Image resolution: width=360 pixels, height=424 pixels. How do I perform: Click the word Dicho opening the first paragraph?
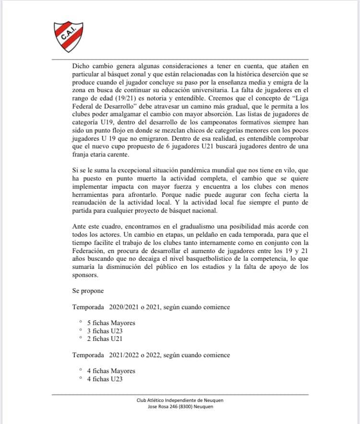pos(81,64)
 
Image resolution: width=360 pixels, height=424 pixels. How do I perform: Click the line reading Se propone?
pos(88,291)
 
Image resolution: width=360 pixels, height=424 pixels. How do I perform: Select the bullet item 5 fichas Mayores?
pos(111,323)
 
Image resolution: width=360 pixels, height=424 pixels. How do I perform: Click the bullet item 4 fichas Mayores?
pos(111,371)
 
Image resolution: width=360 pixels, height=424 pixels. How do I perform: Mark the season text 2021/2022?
pos(127,355)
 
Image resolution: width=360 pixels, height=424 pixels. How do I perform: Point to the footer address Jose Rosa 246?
pos(168,407)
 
